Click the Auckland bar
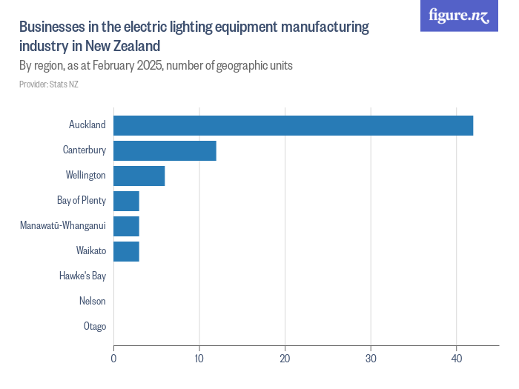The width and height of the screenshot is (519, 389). click(x=293, y=125)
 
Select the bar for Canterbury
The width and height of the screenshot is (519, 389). click(x=165, y=150)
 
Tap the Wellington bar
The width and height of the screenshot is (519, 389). click(x=139, y=176)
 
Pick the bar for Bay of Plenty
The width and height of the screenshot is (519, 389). click(x=126, y=201)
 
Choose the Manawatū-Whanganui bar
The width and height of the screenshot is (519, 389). click(x=126, y=226)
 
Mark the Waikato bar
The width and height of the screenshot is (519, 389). click(x=126, y=251)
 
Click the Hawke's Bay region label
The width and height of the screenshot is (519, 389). click(x=82, y=276)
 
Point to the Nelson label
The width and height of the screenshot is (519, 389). click(x=93, y=302)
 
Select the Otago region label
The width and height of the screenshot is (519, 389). click(x=95, y=327)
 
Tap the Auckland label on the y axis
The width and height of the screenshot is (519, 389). click(x=87, y=125)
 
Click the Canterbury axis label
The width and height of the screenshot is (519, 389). click(x=85, y=150)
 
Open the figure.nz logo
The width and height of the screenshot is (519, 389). click(x=459, y=16)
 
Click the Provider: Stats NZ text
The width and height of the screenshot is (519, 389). click(x=49, y=84)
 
